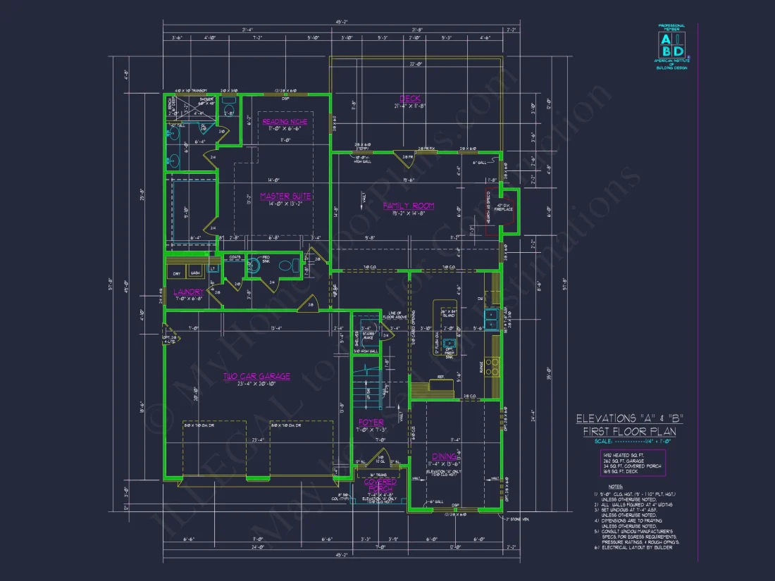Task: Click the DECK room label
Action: coord(410,98)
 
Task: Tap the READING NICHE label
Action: coord(285,122)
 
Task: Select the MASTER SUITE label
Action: coord(285,196)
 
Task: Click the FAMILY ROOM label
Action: coord(409,206)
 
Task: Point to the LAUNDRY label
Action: coord(188,292)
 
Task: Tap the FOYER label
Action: coord(371,423)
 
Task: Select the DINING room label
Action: coord(445,456)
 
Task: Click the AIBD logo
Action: coord(671,44)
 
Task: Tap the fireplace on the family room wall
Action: coord(509,211)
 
